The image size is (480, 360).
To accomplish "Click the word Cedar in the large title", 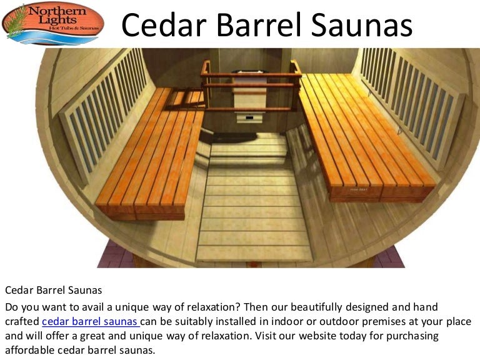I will click(162, 26).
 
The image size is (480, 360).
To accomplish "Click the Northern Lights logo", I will click(52, 24).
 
